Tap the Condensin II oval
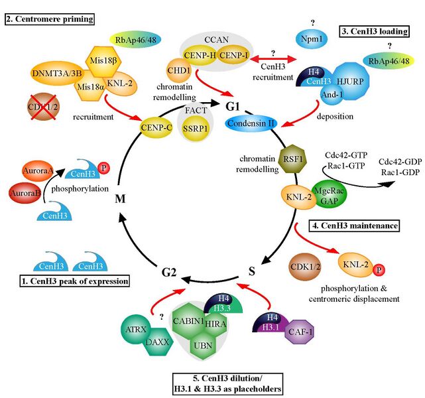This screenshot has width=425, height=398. point(252,122)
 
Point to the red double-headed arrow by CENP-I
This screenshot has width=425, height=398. point(269,58)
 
